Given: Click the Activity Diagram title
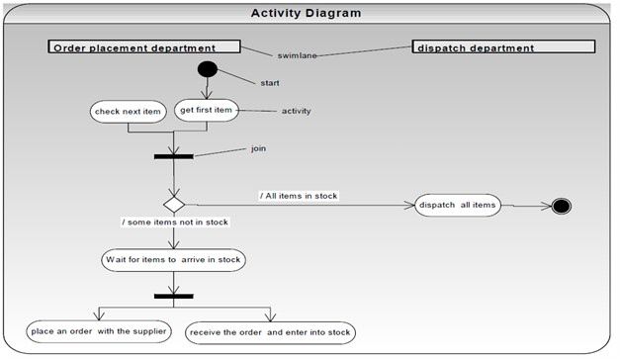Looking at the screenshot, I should [x=306, y=13].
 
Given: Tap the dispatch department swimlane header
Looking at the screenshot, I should [x=503, y=47].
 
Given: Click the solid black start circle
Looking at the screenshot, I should [x=207, y=70].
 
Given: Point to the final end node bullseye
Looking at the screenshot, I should [x=562, y=206].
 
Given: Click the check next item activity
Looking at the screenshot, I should [x=128, y=112].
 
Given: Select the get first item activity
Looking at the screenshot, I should [x=207, y=110].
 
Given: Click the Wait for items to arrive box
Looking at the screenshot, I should [x=174, y=260].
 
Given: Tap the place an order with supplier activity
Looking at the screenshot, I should [x=100, y=330].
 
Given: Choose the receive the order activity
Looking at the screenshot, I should [x=269, y=331].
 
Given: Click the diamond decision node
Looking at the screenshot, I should [x=174, y=204].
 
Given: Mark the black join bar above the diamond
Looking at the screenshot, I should [x=174, y=155].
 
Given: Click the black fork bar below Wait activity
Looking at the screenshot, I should [x=174, y=295].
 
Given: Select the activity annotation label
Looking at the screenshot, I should [x=297, y=111].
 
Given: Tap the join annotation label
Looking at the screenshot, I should [x=258, y=148].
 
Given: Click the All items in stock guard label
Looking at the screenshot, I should [x=298, y=196].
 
